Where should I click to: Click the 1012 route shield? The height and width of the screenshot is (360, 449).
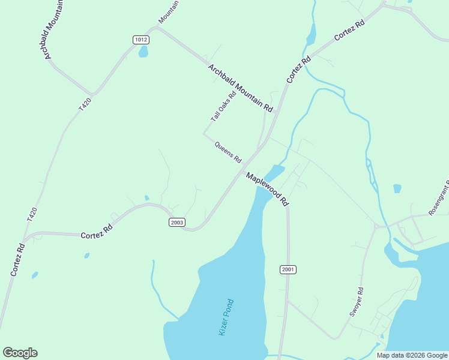[x=141, y=40]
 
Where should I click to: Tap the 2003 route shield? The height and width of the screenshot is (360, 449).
[x=176, y=222]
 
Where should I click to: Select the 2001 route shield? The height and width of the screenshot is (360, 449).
[x=288, y=270]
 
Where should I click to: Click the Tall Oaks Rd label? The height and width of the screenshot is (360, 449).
[x=223, y=107]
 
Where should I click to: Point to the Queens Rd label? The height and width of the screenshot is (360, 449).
[x=228, y=152]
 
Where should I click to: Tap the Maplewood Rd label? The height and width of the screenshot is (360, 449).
[x=267, y=190]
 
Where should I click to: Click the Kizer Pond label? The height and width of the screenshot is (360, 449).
[x=226, y=317]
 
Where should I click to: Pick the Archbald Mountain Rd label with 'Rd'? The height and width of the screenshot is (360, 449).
[x=241, y=88]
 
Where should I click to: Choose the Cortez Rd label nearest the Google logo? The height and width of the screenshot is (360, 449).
[x=17, y=260]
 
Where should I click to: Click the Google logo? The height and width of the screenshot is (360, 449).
[x=20, y=353]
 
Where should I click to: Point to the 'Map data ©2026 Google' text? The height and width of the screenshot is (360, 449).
[x=412, y=355]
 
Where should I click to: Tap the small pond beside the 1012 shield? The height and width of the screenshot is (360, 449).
[x=143, y=52]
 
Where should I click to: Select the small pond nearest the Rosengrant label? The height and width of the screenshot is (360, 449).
[x=397, y=188]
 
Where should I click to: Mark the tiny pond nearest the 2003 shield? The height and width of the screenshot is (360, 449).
[x=146, y=197]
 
